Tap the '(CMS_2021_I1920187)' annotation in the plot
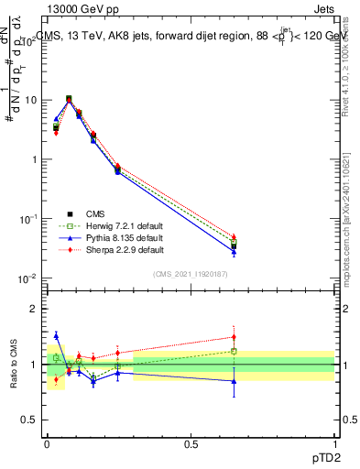[x=191, y=275]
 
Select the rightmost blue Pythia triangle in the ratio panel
[x=234, y=381]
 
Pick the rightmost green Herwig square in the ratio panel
[x=234, y=351]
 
